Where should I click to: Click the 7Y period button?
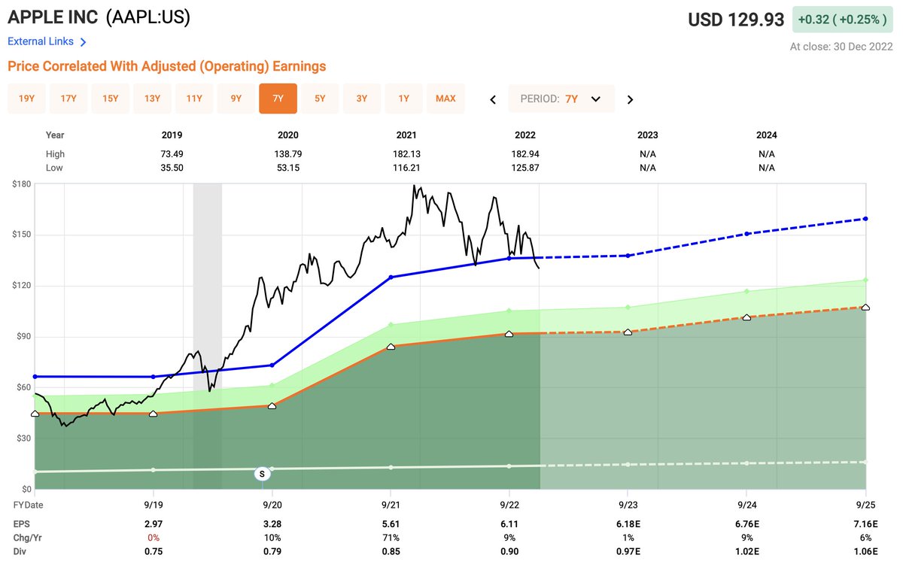278,99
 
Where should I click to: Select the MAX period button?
445,99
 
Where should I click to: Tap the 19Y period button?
26,99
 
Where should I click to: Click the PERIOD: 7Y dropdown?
561,99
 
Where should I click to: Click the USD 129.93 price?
736,20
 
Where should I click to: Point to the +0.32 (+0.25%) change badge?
842,20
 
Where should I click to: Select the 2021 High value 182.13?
406,154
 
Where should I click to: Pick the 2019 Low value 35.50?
172,168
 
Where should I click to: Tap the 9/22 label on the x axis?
509,505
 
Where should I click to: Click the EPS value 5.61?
391,523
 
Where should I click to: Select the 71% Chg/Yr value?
391,538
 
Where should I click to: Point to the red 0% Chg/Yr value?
154,538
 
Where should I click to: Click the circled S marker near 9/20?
262,474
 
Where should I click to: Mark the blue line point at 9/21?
391,277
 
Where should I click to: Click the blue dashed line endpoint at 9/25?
865,219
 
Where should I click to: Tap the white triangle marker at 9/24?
746,317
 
